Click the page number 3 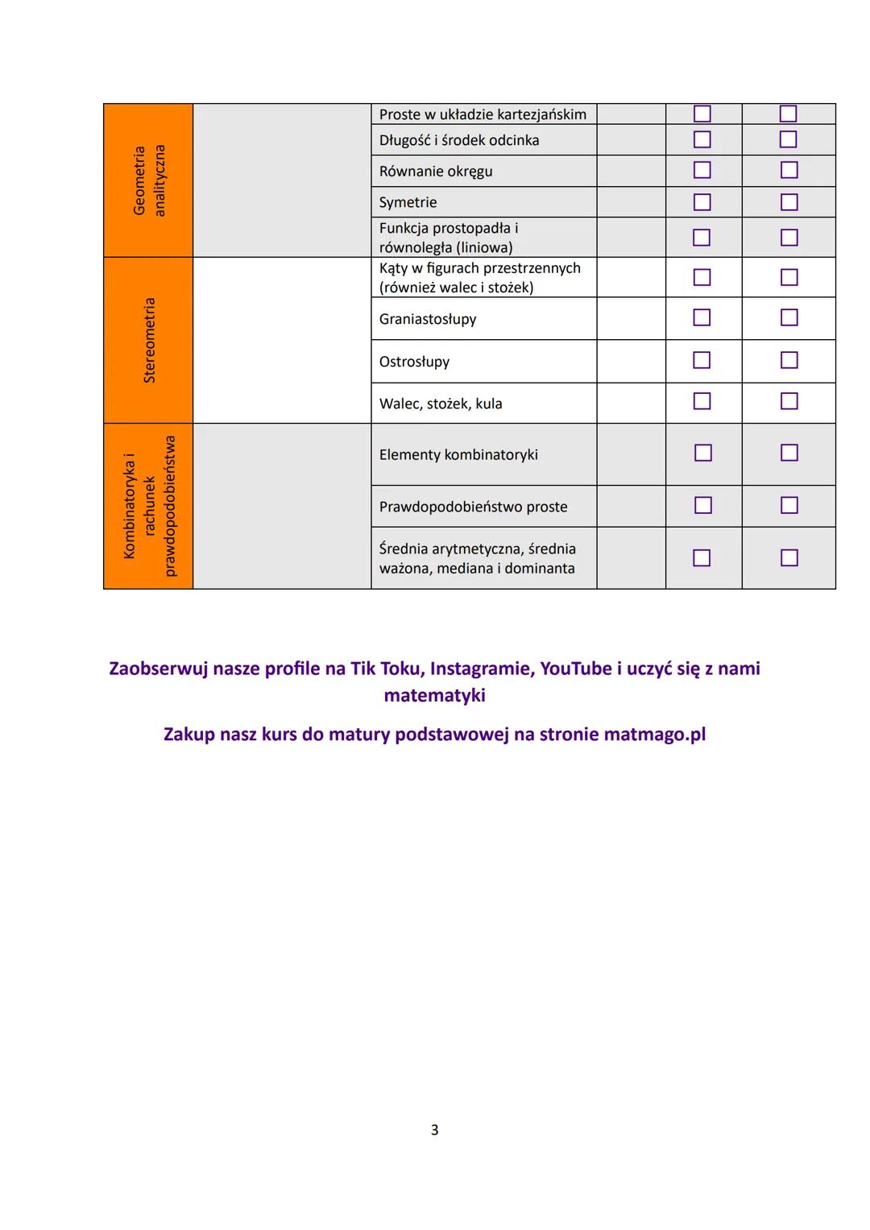pos(434,1130)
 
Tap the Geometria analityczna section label pos(148,180)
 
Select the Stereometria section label pos(148,340)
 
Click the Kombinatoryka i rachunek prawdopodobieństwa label pos(148,506)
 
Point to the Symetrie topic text pos(408,202)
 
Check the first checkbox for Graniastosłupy pos(702,318)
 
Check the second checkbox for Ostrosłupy pos(789,360)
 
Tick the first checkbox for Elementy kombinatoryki pos(702,453)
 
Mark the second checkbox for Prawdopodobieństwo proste pos(789,505)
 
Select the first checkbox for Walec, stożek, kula pos(702,401)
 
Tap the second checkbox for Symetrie pos(789,202)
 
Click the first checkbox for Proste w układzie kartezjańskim pos(702,114)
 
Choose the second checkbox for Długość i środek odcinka pos(789,140)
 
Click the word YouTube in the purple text pos(575,669)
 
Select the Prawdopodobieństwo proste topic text pos(473,507)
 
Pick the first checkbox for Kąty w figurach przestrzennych pos(702,277)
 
